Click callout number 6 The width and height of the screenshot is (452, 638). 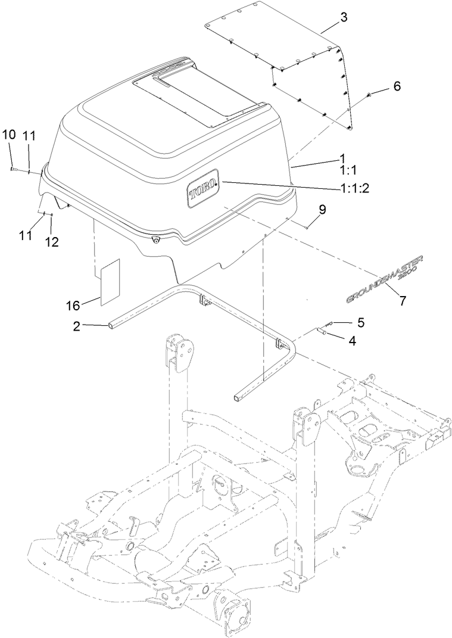tap(395, 87)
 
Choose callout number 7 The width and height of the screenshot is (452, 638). tap(403, 301)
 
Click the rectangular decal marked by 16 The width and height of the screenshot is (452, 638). tap(110, 281)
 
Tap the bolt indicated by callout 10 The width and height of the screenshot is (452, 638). tap(13, 170)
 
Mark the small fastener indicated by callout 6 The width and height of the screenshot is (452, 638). tap(370, 95)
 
